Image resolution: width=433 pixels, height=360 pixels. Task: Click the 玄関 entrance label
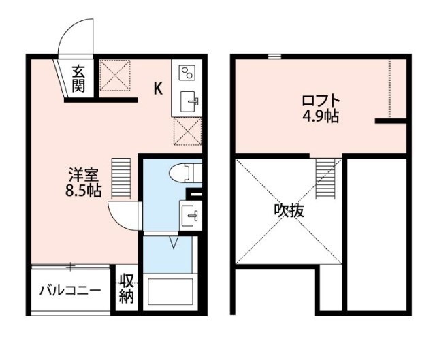(x=79, y=79)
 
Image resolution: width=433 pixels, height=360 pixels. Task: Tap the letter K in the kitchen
(x=157, y=88)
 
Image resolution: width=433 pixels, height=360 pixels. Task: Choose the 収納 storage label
(x=127, y=288)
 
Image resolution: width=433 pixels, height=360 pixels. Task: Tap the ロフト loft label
(x=319, y=102)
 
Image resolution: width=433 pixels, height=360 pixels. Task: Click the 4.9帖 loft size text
(x=321, y=116)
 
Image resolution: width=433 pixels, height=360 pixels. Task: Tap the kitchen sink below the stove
(x=189, y=103)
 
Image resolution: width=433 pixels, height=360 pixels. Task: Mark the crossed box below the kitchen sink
(x=187, y=131)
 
